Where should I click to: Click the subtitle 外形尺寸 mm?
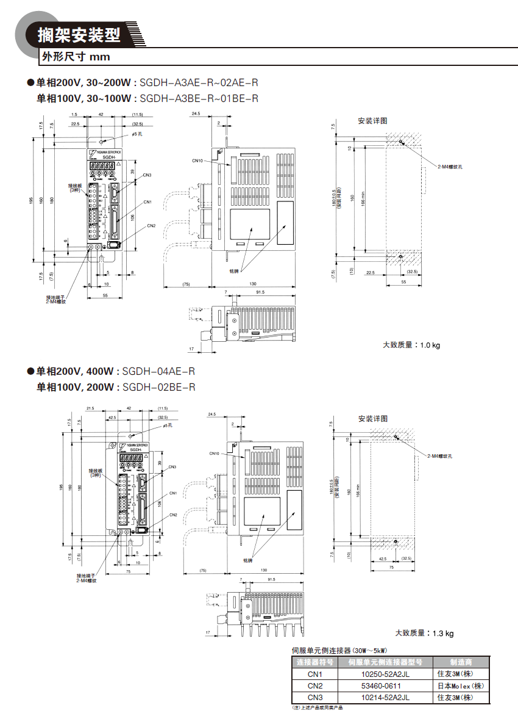coord(75,57)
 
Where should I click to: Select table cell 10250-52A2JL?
coord(385,674)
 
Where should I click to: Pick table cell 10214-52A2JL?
coord(385,697)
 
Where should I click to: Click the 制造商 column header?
coord(461,662)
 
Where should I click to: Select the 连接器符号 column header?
coord(314,662)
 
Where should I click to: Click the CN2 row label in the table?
coord(314,685)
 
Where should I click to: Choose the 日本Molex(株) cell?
coord(461,685)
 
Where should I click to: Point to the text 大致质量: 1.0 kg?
coord(411,345)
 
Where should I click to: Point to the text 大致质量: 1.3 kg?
coord(425,633)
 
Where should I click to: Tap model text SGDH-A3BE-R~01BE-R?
coord(199,98)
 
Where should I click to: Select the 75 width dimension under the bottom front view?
coord(128,572)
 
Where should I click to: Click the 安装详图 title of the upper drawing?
coord(372,121)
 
